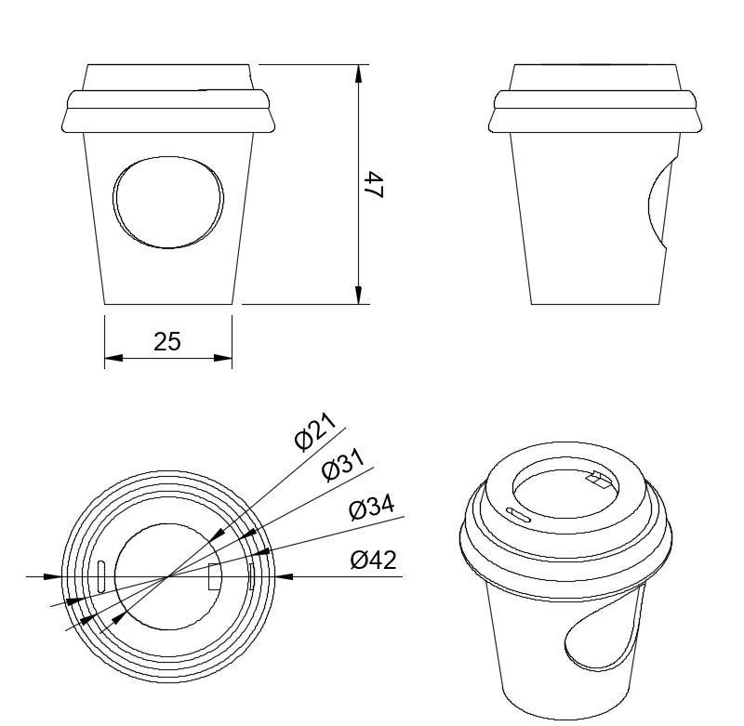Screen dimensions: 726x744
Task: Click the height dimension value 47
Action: tap(374, 184)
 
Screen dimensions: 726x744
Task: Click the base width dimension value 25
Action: tap(167, 341)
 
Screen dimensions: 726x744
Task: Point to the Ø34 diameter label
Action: tap(372, 508)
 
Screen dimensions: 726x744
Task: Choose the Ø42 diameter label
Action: tap(374, 560)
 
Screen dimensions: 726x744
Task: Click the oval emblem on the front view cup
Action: tap(168, 202)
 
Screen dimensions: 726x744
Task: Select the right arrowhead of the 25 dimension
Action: tap(223, 358)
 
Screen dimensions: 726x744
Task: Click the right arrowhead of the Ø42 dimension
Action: tap(285, 576)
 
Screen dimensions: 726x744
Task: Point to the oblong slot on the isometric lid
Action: tap(519, 514)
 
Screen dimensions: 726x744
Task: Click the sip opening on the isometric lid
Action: tap(598, 481)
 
